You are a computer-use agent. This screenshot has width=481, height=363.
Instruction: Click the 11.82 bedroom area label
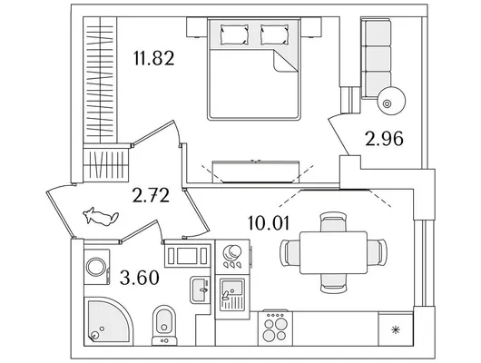tap(154, 58)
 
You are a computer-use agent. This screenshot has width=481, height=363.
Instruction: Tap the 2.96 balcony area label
tap(384, 139)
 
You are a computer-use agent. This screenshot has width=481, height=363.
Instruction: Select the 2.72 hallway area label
tap(151, 195)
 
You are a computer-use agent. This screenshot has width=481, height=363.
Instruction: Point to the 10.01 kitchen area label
tap(269, 223)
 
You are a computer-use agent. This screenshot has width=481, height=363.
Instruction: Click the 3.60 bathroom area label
tap(140, 278)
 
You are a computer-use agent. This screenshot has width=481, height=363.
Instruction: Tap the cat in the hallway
tap(101, 216)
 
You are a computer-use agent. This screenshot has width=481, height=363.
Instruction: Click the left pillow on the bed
tap(234, 34)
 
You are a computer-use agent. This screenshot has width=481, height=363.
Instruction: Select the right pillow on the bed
tap(275, 34)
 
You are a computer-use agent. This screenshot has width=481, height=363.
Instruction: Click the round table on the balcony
tap(391, 101)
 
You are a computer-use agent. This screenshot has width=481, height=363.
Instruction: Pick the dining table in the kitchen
tap(333, 253)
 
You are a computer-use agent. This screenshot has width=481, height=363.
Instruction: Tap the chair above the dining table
tap(333, 221)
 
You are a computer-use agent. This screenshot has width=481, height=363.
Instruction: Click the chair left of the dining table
tap(290, 253)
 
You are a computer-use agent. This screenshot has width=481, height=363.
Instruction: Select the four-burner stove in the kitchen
tap(276, 329)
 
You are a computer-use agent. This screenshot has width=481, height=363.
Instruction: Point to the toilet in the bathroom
tap(164, 325)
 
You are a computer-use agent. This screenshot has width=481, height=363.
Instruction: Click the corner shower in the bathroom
tap(108, 321)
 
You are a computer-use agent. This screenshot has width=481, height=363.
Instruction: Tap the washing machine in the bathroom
tap(97, 267)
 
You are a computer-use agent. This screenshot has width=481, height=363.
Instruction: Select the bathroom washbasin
tap(200, 289)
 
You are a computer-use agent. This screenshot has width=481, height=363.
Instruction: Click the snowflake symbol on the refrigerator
tap(396, 330)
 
